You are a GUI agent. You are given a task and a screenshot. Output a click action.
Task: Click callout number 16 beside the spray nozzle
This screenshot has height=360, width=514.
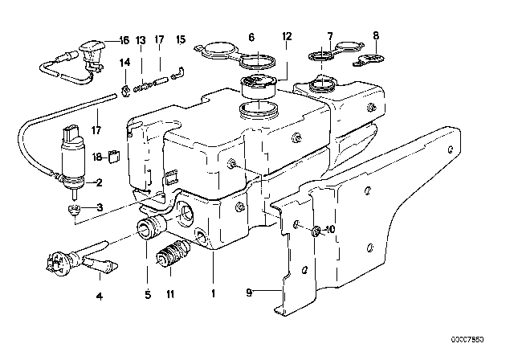(x=123, y=39)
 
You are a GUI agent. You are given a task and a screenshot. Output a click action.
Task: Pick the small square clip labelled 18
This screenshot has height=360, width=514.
(x=115, y=157)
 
